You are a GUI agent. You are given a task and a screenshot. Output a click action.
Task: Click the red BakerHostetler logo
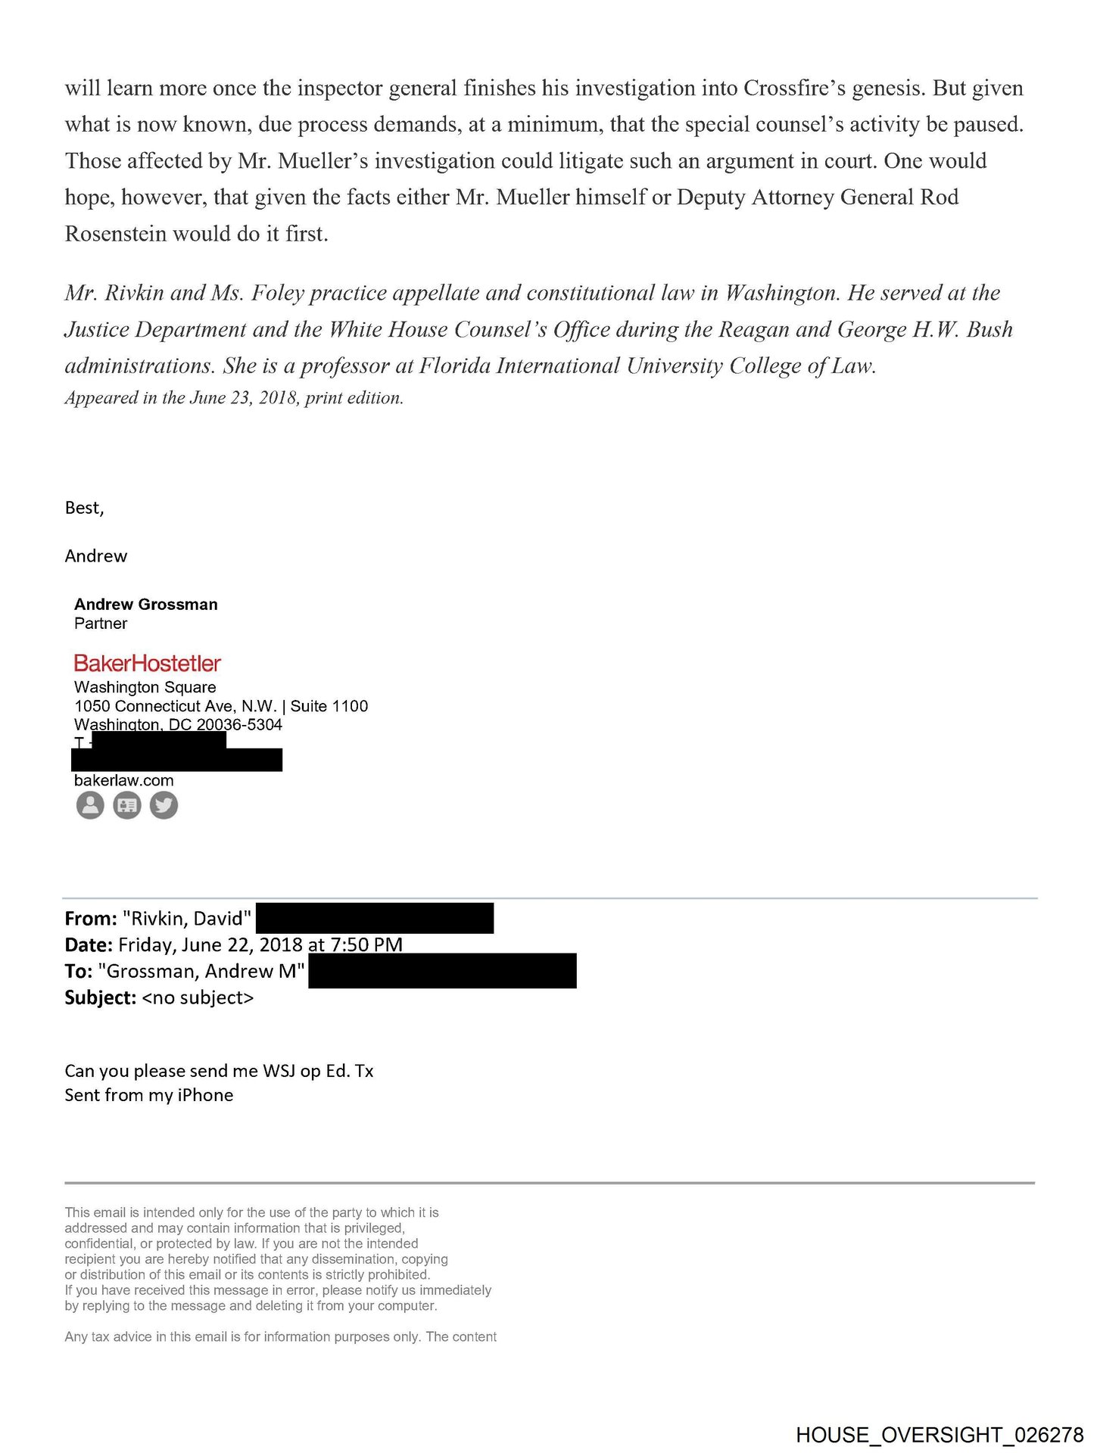click(147, 664)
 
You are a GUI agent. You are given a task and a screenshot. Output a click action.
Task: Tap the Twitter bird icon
click(164, 805)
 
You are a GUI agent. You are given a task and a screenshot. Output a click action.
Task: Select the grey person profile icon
click(90, 805)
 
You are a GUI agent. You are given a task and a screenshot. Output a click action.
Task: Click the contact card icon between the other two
click(127, 805)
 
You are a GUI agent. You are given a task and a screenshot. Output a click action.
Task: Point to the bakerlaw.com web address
click(123, 780)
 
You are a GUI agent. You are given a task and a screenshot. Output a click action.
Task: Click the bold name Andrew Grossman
click(145, 604)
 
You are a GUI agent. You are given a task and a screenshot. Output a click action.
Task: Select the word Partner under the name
click(101, 624)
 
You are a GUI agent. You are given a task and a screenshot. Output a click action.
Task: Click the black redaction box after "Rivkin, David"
click(375, 918)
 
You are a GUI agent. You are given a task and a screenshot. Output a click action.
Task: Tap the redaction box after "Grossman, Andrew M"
click(442, 971)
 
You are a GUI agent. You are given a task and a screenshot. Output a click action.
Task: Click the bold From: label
click(91, 919)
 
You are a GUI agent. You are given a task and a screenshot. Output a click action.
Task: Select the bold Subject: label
click(100, 998)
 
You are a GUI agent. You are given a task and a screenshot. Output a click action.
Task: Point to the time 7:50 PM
click(366, 944)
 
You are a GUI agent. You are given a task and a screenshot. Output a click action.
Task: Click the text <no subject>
click(198, 998)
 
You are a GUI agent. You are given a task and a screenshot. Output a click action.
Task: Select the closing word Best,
click(84, 508)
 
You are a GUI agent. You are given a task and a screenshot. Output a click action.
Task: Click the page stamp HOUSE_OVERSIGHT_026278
click(939, 1435)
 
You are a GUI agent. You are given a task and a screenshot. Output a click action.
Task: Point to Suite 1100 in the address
click(329, 706)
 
